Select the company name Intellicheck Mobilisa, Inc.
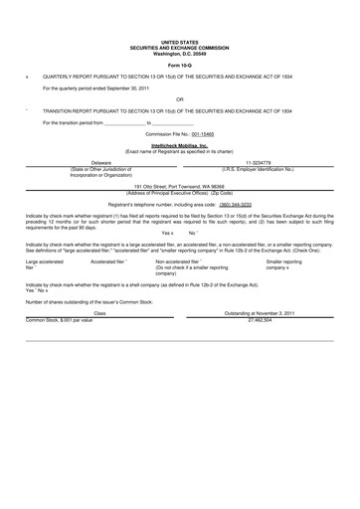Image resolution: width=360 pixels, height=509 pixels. pyautogui.click(x=180, y=145)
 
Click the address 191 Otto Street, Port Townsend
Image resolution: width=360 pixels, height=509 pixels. pyautogui.click(x=180, y=186)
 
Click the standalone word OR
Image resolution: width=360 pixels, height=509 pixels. pyautogui.click(x=180, y=99)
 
